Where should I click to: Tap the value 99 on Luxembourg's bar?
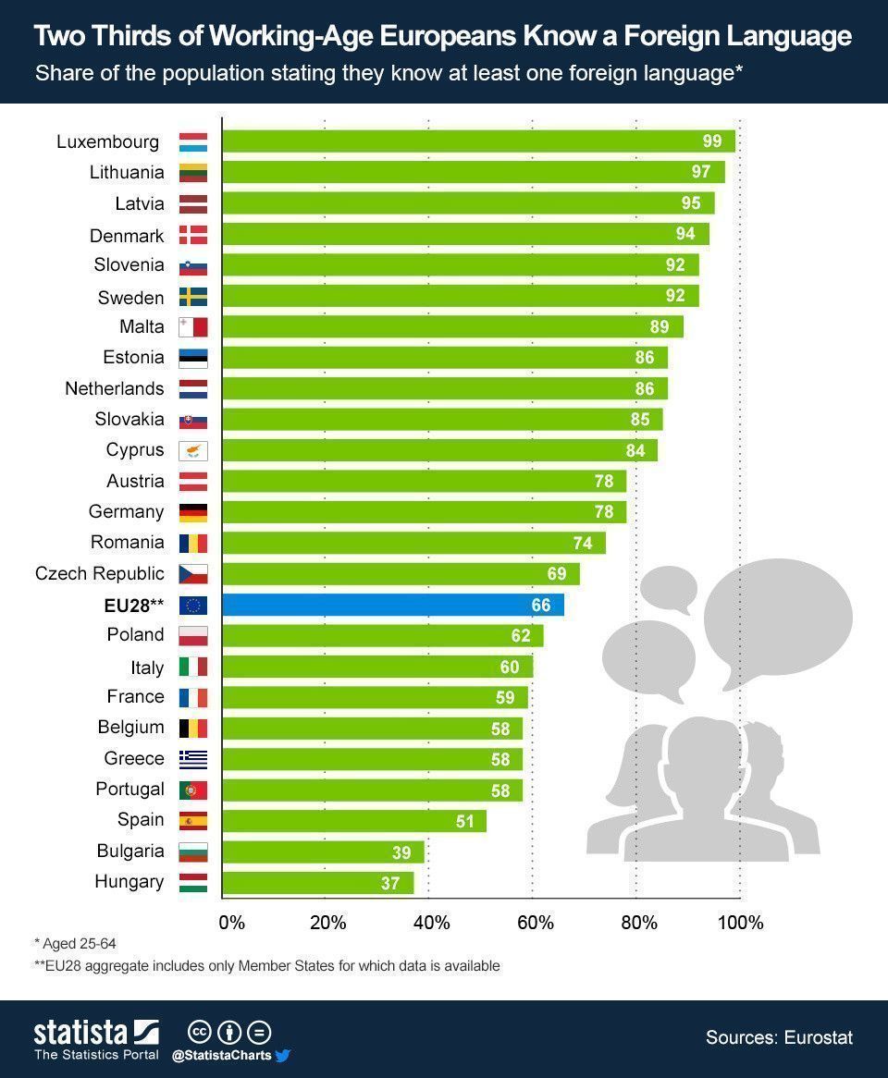(712, 141)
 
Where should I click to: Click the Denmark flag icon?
(193, 235)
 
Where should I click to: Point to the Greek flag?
(193, 759)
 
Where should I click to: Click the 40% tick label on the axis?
(431, 923)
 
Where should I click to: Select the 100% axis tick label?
(741, 923)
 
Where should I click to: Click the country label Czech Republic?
(100, 573)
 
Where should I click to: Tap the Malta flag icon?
(193, 327)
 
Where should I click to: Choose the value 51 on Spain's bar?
(464, 821)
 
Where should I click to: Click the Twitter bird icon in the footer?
(283, 1055)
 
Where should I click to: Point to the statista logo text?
(81, 1032)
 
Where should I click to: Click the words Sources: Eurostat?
(779, 1037)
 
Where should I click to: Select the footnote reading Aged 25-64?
(76, 943)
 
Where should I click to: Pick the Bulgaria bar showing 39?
(323, 851)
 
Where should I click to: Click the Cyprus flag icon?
(193, 451)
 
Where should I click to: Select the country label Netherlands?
(114, 388)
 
